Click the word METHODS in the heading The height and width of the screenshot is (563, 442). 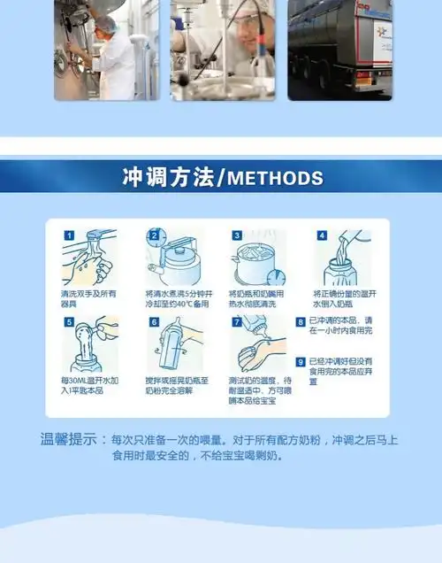[x=276, y=178]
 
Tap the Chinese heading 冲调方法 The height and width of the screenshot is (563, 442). [x=168, y=177]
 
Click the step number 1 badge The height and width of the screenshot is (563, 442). [x=68, y=236]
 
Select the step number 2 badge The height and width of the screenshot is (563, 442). [x=153, y=236]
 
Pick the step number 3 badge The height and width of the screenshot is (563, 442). [x=237, y=236]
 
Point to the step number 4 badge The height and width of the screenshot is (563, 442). [x=322, y=236]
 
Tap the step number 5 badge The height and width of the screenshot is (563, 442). [x=68, y=322]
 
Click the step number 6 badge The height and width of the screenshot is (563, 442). [x=153, y=322]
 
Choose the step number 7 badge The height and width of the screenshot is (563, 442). [x=237, y=322]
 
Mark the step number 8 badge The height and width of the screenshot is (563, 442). [x=301, y=323]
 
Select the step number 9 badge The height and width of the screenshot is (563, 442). [x=301, y=362]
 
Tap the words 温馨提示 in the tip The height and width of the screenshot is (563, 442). [x=69, y=438]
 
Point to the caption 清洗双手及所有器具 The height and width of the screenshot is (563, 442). [x=88, y=298]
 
